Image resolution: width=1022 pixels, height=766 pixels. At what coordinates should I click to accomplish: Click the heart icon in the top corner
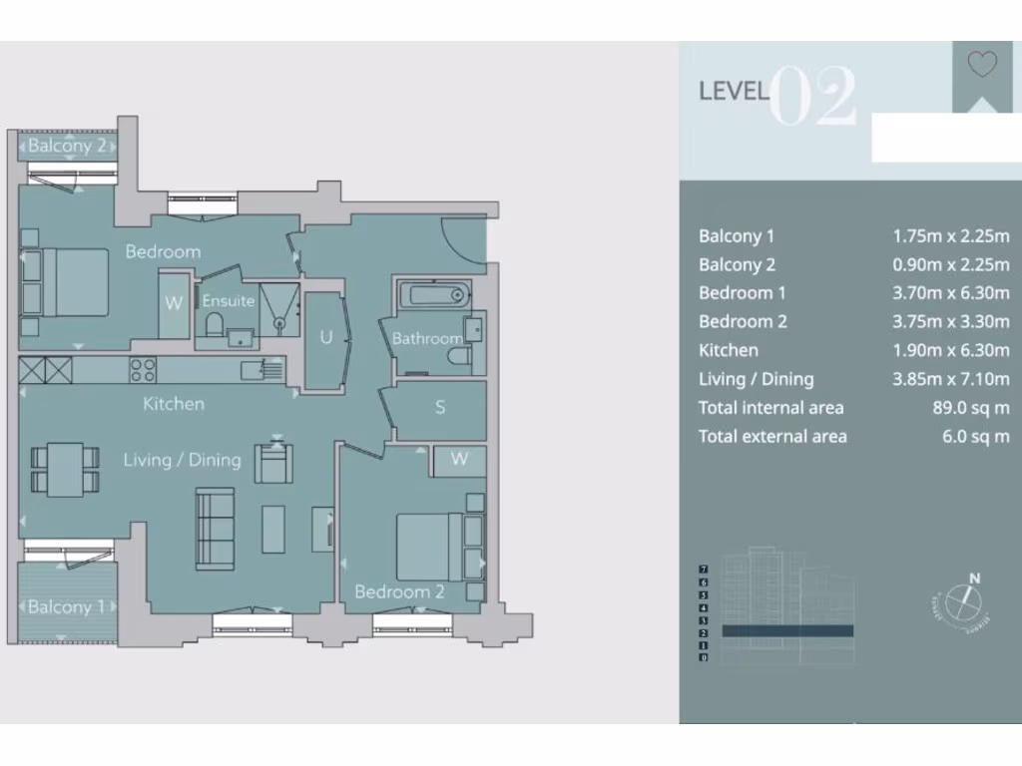click(982, 65)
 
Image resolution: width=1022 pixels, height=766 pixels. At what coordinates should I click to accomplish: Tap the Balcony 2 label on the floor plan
click(66, 146)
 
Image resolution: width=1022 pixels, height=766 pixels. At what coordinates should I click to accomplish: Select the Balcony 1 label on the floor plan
click(66, 606)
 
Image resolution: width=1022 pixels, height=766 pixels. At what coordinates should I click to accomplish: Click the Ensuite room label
click(229, 300)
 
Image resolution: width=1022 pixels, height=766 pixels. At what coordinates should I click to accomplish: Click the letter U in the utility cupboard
click(325, 337)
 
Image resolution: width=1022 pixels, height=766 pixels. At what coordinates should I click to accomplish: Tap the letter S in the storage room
click(440, 407)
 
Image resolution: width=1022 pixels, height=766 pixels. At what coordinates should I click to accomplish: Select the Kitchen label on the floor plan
click(174, 404)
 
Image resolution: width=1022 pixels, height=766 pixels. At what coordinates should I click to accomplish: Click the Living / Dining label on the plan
click(182, 460)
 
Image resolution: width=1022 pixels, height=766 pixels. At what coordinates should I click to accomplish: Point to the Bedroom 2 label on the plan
click(399, 591)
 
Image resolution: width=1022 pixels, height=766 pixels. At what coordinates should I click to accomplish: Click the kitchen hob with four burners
click(143, 370)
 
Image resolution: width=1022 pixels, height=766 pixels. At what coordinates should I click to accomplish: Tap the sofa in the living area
click(215, 528)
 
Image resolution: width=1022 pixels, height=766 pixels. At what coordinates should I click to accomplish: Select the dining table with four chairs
click(65, 469)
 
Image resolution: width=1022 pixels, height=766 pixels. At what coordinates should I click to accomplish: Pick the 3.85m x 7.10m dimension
click(950, 379)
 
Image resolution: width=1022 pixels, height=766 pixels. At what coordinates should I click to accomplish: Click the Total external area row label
click(772, 436)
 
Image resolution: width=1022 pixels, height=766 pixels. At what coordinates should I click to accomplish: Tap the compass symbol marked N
click(964, 599)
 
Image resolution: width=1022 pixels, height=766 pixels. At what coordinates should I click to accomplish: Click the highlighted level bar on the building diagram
click(786, 630)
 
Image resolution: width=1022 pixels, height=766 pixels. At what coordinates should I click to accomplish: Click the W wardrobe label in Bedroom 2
click(459, 459)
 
